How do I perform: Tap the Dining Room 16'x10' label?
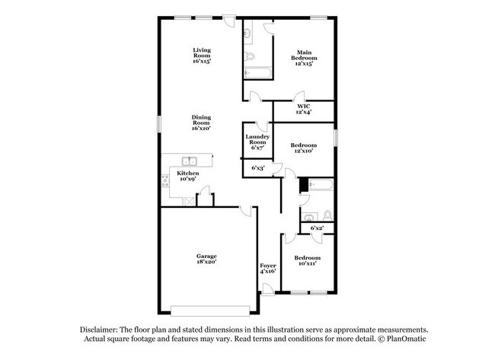(x=201, y=123)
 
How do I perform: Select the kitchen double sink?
(x=190, y=161)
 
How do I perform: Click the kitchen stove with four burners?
(x=165, y=181)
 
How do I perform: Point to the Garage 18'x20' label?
(x=206, y=259)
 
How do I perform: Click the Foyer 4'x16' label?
(x=268, y=269)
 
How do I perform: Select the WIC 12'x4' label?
(x=304, y=109)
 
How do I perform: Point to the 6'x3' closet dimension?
(x=258, y=168)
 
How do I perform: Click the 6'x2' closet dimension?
(x=317, y=228)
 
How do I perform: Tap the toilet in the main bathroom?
(x=249, y=57)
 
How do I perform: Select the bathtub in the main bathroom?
(x=257, y=72)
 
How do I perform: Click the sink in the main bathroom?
(x=247, y=33)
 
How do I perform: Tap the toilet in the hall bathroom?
(x=327, y=215)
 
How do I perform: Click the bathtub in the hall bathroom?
(x=321, y=185)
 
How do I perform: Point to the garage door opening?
(x=210, y=311)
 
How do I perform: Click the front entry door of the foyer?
(x=268, y=289)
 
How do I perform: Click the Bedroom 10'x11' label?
(x=307, y=260)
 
